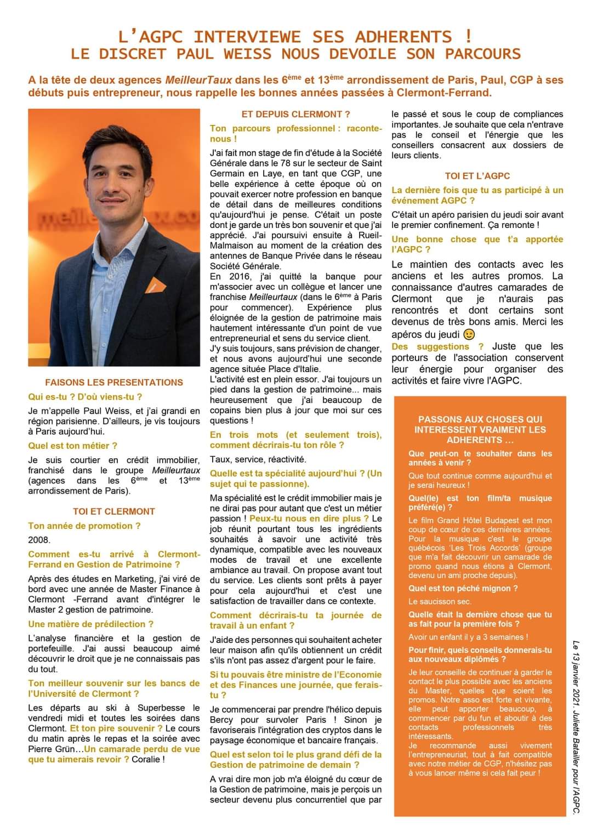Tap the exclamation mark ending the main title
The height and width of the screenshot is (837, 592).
(468, 36)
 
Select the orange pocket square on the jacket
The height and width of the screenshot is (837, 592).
(155, 285)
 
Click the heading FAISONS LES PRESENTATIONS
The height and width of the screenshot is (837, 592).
(114, 382)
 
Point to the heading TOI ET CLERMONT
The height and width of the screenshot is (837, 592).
(114, 511)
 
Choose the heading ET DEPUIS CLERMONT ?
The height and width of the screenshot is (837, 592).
(295, 114)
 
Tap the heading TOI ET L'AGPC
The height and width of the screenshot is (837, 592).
(477, 176)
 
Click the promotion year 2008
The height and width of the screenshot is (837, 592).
(39, 540)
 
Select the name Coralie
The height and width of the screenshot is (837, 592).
(146, 759)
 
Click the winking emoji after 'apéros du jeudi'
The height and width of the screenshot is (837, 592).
(469, 334)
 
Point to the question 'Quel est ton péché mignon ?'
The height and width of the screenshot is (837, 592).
(463, 588)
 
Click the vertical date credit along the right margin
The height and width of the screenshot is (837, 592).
(576, 727)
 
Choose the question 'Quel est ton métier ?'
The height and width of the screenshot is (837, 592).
(73, 446)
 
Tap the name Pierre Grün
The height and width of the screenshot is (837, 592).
(54, 749)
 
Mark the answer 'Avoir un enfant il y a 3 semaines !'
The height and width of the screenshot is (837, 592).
(468, 637)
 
